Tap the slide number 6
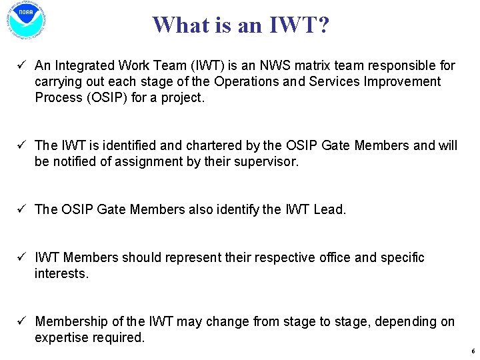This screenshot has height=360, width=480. [472, 351]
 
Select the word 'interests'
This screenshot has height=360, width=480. [60, 273]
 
